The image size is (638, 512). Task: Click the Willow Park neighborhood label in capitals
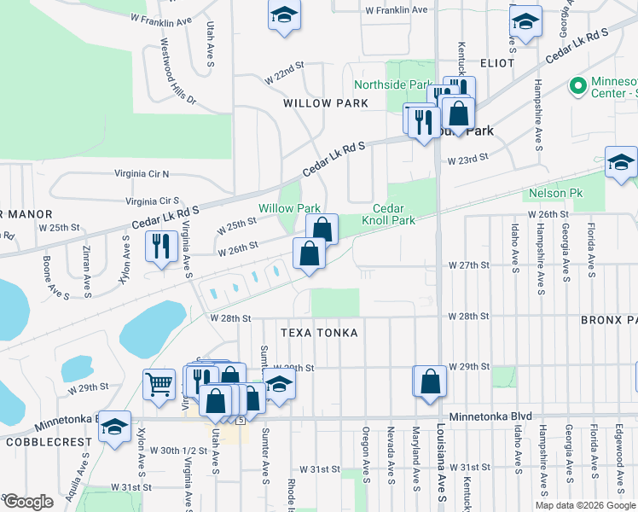[326, 103]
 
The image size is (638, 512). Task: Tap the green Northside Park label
[394, 85]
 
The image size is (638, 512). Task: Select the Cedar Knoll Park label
[393, 214]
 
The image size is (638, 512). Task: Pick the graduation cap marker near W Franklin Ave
[284, 15]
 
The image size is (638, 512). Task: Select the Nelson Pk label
[554, 194]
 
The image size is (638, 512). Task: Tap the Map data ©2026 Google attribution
[585, 505]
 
